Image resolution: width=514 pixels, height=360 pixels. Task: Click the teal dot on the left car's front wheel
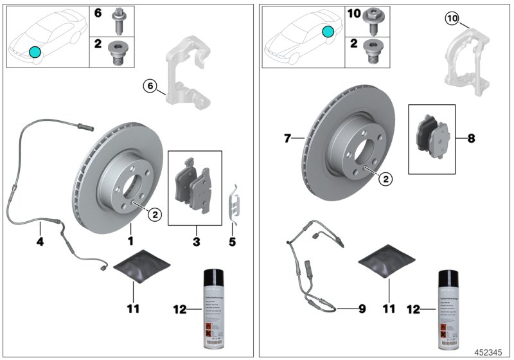(x=35, y=51)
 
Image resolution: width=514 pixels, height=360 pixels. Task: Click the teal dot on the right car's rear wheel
(x=328, y=31)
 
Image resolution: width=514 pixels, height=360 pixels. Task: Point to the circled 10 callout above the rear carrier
(x=452, y=19)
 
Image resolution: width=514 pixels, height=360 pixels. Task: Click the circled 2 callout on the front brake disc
(x=155, y=215)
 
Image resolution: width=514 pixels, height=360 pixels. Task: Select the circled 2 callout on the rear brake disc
(x=385, y=180)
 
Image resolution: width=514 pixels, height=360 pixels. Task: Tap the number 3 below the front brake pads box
(x=197, y=242)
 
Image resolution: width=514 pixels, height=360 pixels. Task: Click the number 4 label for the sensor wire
(x=40, y=242)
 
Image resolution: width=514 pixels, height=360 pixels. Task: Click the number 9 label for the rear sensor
(x=362, y=309)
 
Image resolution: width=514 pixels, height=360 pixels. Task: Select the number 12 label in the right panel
(x=414, y=309)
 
